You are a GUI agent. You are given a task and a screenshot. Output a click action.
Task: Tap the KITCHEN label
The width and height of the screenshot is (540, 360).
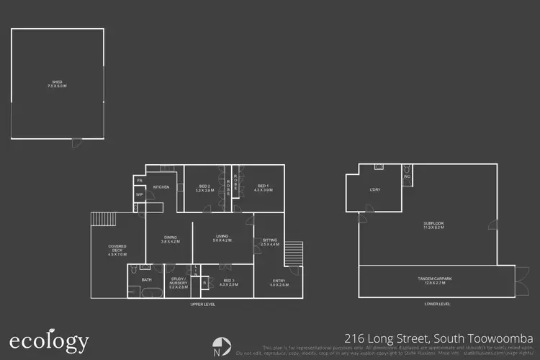tap(161, 187)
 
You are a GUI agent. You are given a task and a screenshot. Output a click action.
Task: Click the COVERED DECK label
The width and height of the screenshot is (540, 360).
tap(117, 251)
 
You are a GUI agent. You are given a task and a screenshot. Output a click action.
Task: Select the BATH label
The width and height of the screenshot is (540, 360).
tap(147, 279)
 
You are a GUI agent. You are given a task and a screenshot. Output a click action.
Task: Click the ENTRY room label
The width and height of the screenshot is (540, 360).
tap(279, 282)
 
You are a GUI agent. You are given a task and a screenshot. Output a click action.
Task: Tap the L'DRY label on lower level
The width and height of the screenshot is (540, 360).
tap(374, 189)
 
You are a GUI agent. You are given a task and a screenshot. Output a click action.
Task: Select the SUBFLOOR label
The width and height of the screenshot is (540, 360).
tap(433, 225)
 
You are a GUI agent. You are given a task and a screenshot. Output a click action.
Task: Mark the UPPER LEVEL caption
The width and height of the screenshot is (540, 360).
tap(202, 305)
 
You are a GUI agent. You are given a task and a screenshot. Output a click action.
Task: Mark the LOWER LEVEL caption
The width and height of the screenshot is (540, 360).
tap(437, 305)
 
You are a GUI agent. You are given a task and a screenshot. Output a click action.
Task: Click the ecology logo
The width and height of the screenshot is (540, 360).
tap(49, 341)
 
